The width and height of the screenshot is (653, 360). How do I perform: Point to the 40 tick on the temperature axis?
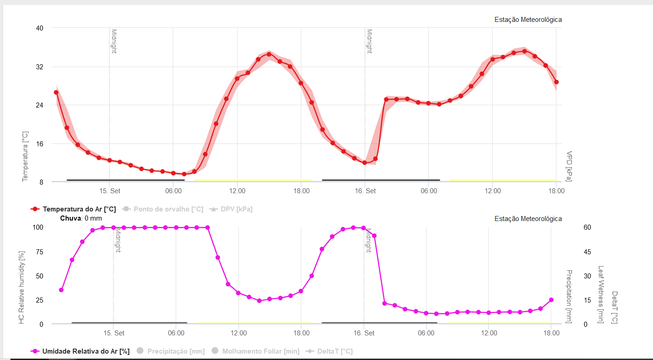point(40,28)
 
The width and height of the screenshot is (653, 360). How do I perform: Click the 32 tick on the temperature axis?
point(40,67)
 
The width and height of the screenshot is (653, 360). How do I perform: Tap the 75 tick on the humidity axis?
point(40,252)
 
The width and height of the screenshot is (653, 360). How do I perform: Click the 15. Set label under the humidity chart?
point(114,333)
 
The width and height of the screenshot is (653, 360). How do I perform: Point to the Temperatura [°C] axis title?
point(26,156)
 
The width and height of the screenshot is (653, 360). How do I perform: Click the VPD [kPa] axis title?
point(569,166)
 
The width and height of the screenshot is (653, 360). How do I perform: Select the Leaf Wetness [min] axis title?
point(600,294)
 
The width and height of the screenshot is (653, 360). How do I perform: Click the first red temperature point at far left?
point(56,93)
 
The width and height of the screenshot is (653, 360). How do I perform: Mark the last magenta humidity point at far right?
point(551,300)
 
